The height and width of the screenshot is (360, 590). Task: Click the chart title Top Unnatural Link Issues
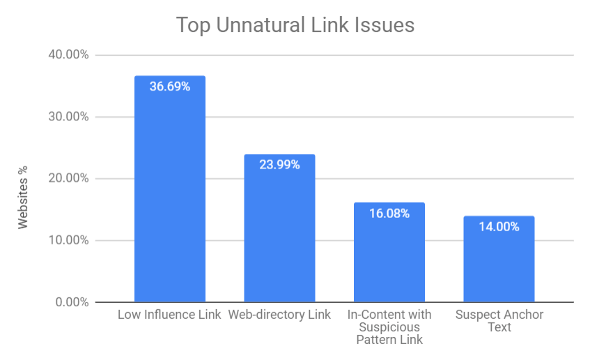295,26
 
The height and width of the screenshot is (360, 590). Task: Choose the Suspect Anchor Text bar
498,265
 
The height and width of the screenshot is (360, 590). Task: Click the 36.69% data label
169,86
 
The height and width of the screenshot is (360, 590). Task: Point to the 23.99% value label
279,165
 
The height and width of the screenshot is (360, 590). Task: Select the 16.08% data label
389,214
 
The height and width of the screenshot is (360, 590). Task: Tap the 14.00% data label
498,226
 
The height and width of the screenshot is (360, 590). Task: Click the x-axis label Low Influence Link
169,315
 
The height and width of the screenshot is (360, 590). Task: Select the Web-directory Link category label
279,315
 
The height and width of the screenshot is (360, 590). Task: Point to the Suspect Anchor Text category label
499,320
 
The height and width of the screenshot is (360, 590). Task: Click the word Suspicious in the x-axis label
389,327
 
